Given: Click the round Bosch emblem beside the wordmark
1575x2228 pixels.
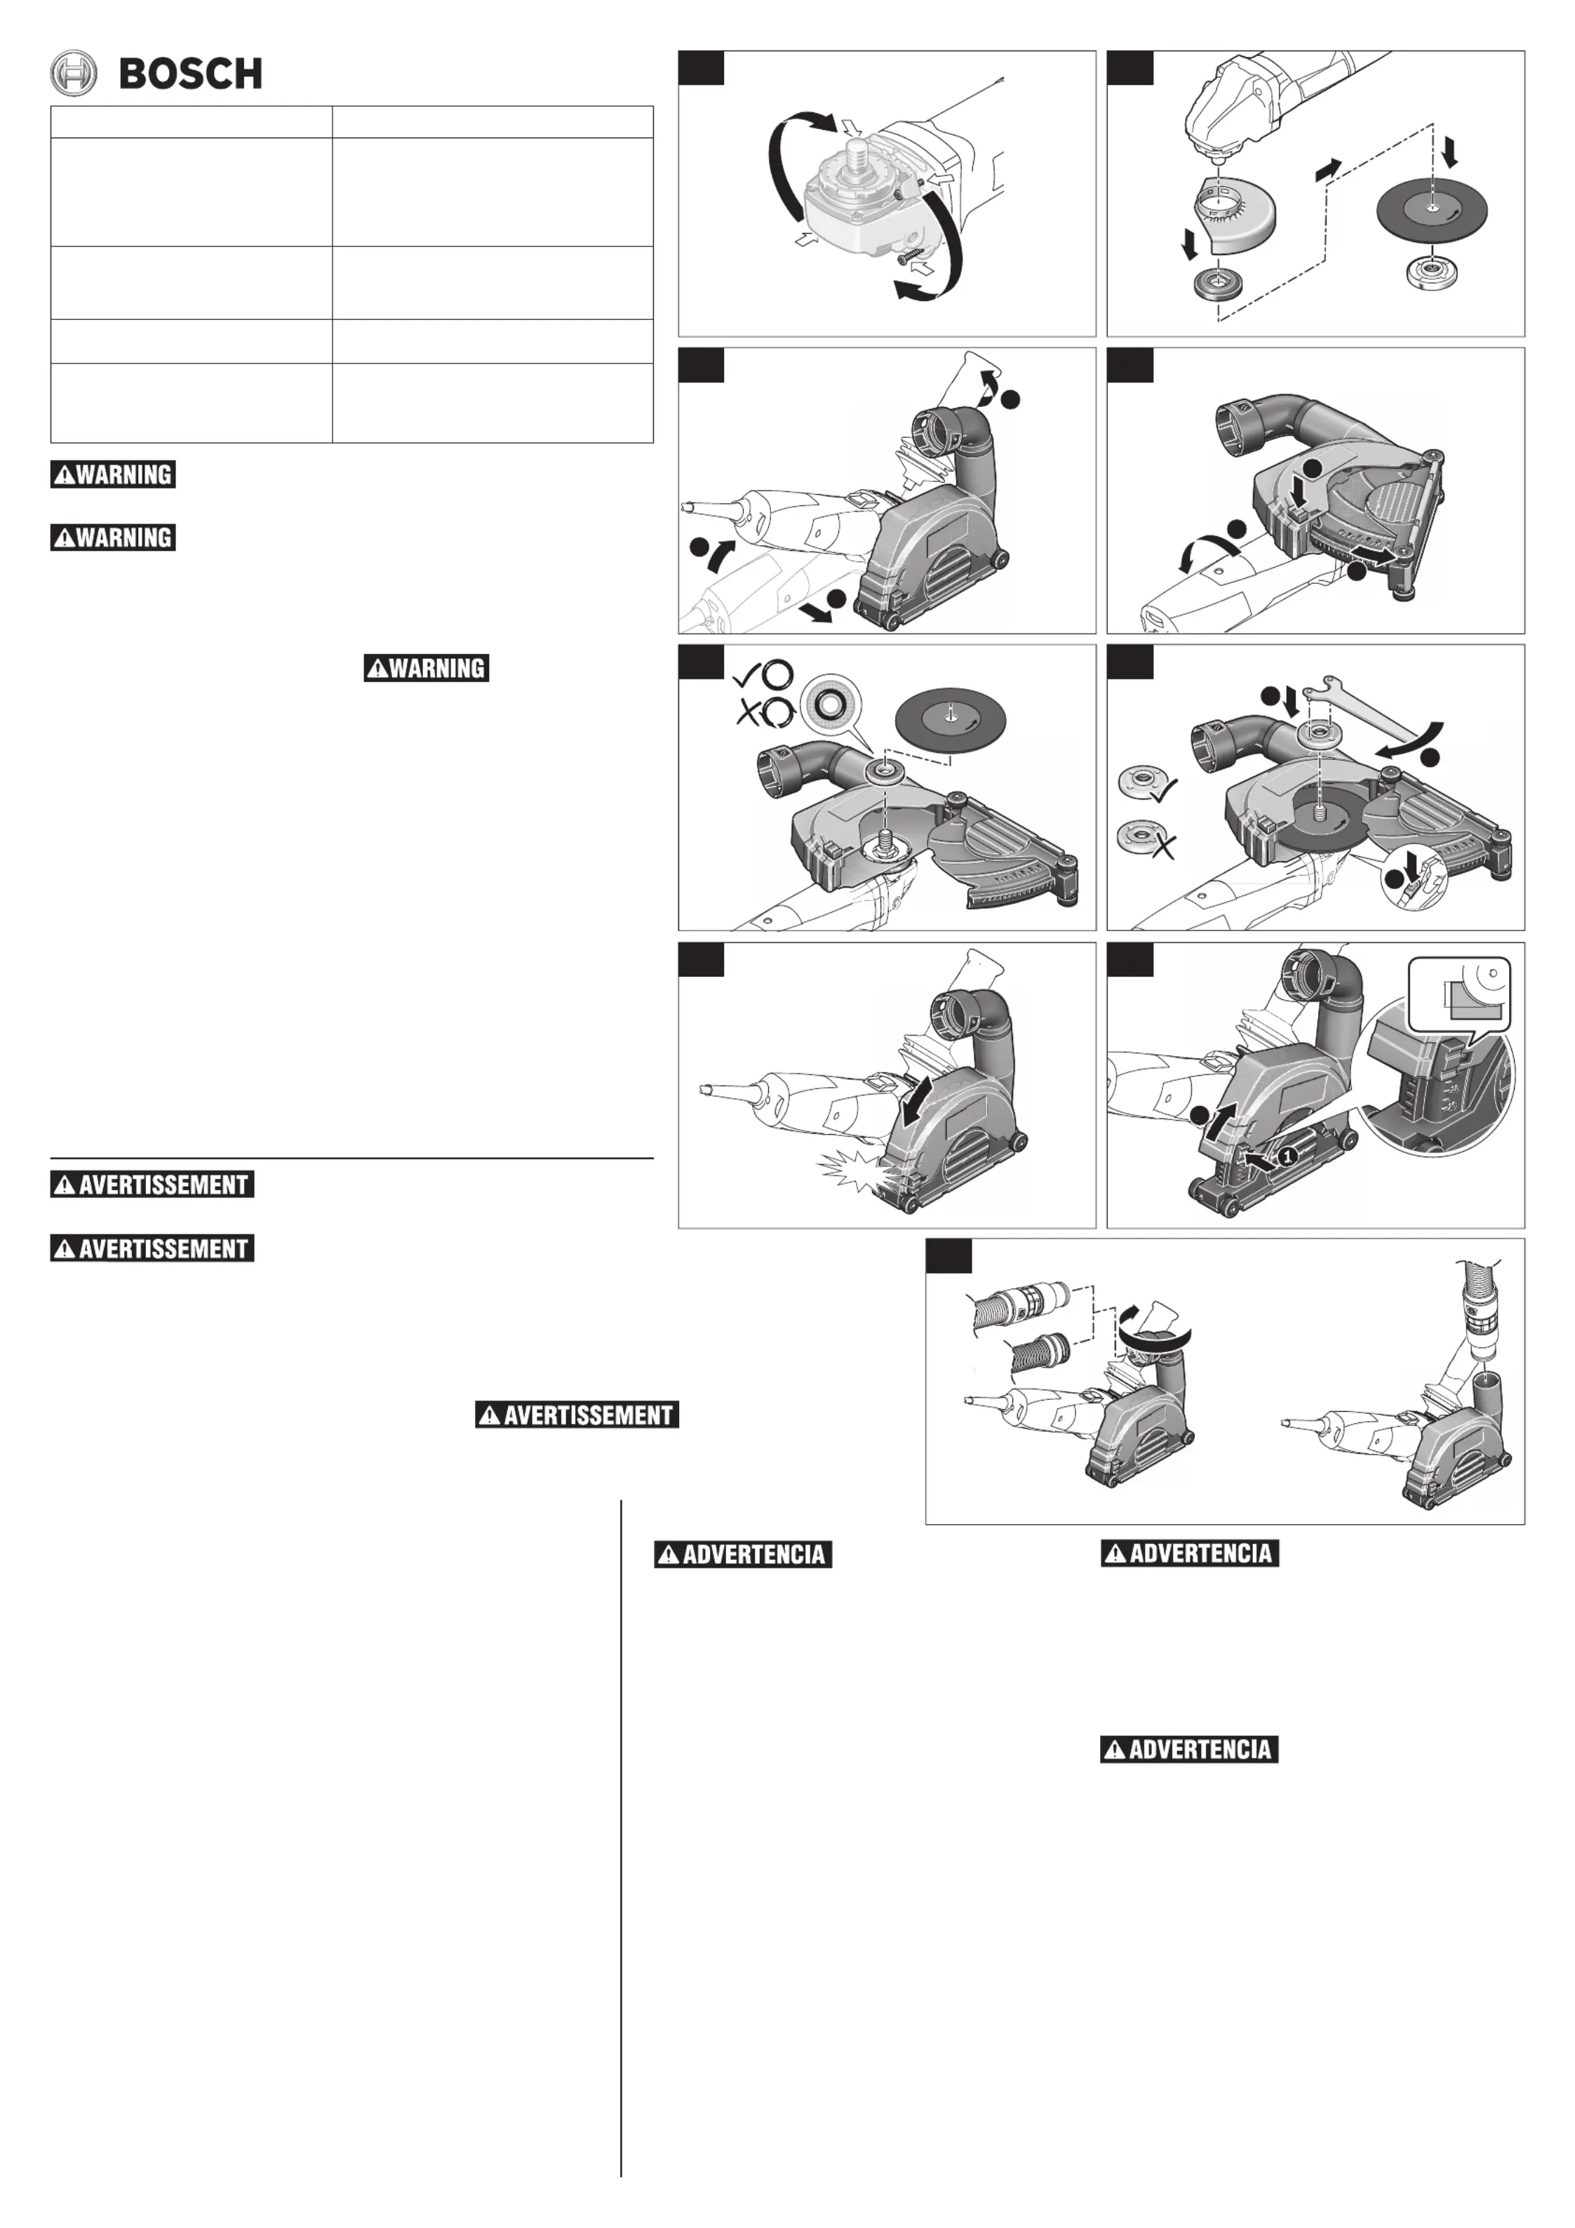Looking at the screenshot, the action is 74,74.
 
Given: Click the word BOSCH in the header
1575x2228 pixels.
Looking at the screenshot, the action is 190,74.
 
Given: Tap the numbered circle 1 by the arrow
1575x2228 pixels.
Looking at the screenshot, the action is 1286,1156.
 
